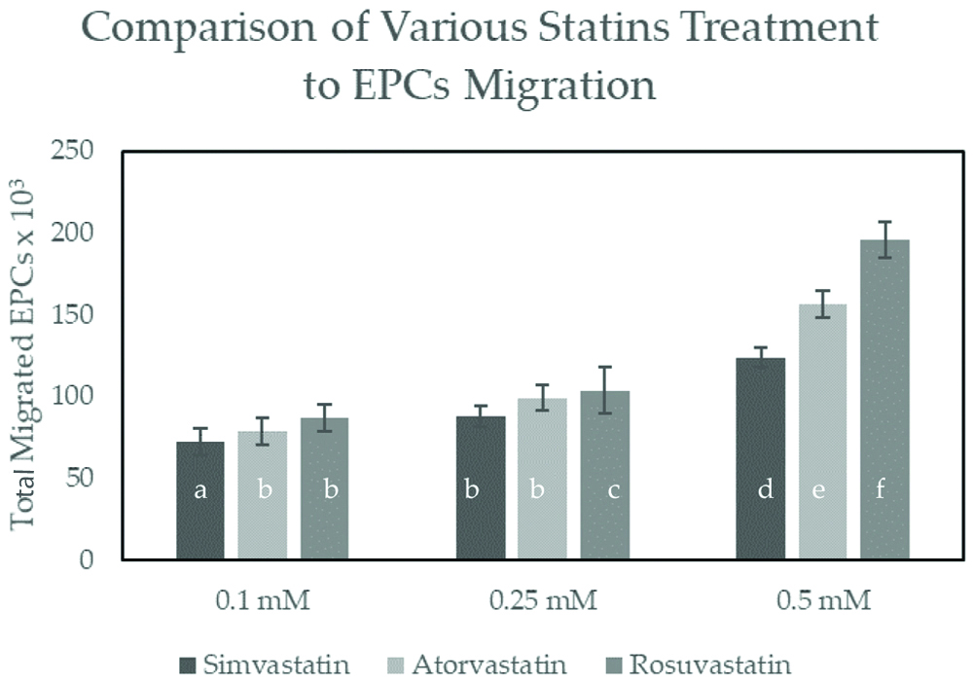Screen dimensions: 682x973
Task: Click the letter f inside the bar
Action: (881, 490)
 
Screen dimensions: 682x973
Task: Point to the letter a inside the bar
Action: (200, 490)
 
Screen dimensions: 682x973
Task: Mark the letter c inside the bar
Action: (613, 490)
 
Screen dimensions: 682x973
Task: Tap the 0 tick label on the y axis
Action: (89, 559)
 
